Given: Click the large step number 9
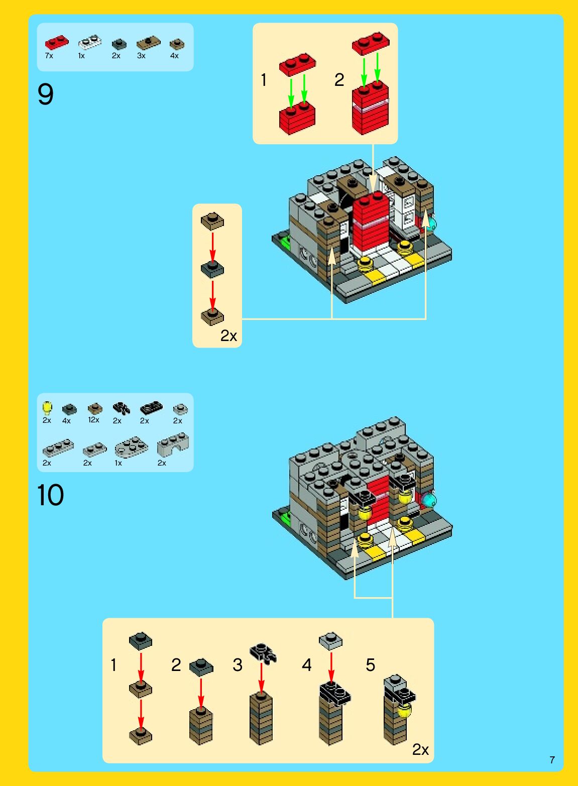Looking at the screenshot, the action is pos(45,94).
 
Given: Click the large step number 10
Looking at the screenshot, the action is pos(50,495).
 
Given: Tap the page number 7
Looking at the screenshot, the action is pos(552,760).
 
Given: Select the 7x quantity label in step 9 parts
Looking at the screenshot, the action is pos(49,56).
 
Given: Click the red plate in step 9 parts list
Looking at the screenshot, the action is pos(56,43).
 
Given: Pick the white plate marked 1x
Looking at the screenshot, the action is pos(89,42).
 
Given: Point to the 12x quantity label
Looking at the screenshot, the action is pos(93,420).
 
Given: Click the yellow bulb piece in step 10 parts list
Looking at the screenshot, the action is pos(47,407).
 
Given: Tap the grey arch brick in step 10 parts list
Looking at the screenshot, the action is pos(172,444).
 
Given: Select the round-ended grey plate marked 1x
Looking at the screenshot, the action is pos(131,446).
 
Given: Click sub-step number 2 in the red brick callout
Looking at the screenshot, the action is pos(339,80).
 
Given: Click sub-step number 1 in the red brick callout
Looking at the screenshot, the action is pos(264,80).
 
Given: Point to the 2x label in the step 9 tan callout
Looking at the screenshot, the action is pos(228,335).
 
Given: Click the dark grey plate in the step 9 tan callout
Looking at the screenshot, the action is pos(212,269).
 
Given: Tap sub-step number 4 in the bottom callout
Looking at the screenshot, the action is pos(306,665).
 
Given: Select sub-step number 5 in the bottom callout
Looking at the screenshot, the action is pos(370,665).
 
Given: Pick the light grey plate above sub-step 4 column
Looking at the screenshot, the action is pos(331,641).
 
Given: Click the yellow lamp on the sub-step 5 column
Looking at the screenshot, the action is pos(404,710).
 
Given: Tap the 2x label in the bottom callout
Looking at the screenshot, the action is pos(420,750).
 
